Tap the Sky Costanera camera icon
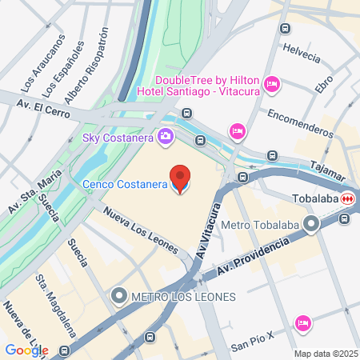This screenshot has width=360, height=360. click(166, 137)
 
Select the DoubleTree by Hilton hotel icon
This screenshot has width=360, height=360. click(271, 83)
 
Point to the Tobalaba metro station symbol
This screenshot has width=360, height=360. click(347, 198)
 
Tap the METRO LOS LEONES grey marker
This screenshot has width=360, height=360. click(120, 297)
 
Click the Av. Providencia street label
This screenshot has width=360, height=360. click(247, 260)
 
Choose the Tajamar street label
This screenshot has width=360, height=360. click(329, 168)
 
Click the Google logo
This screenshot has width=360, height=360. click(26, 350)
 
